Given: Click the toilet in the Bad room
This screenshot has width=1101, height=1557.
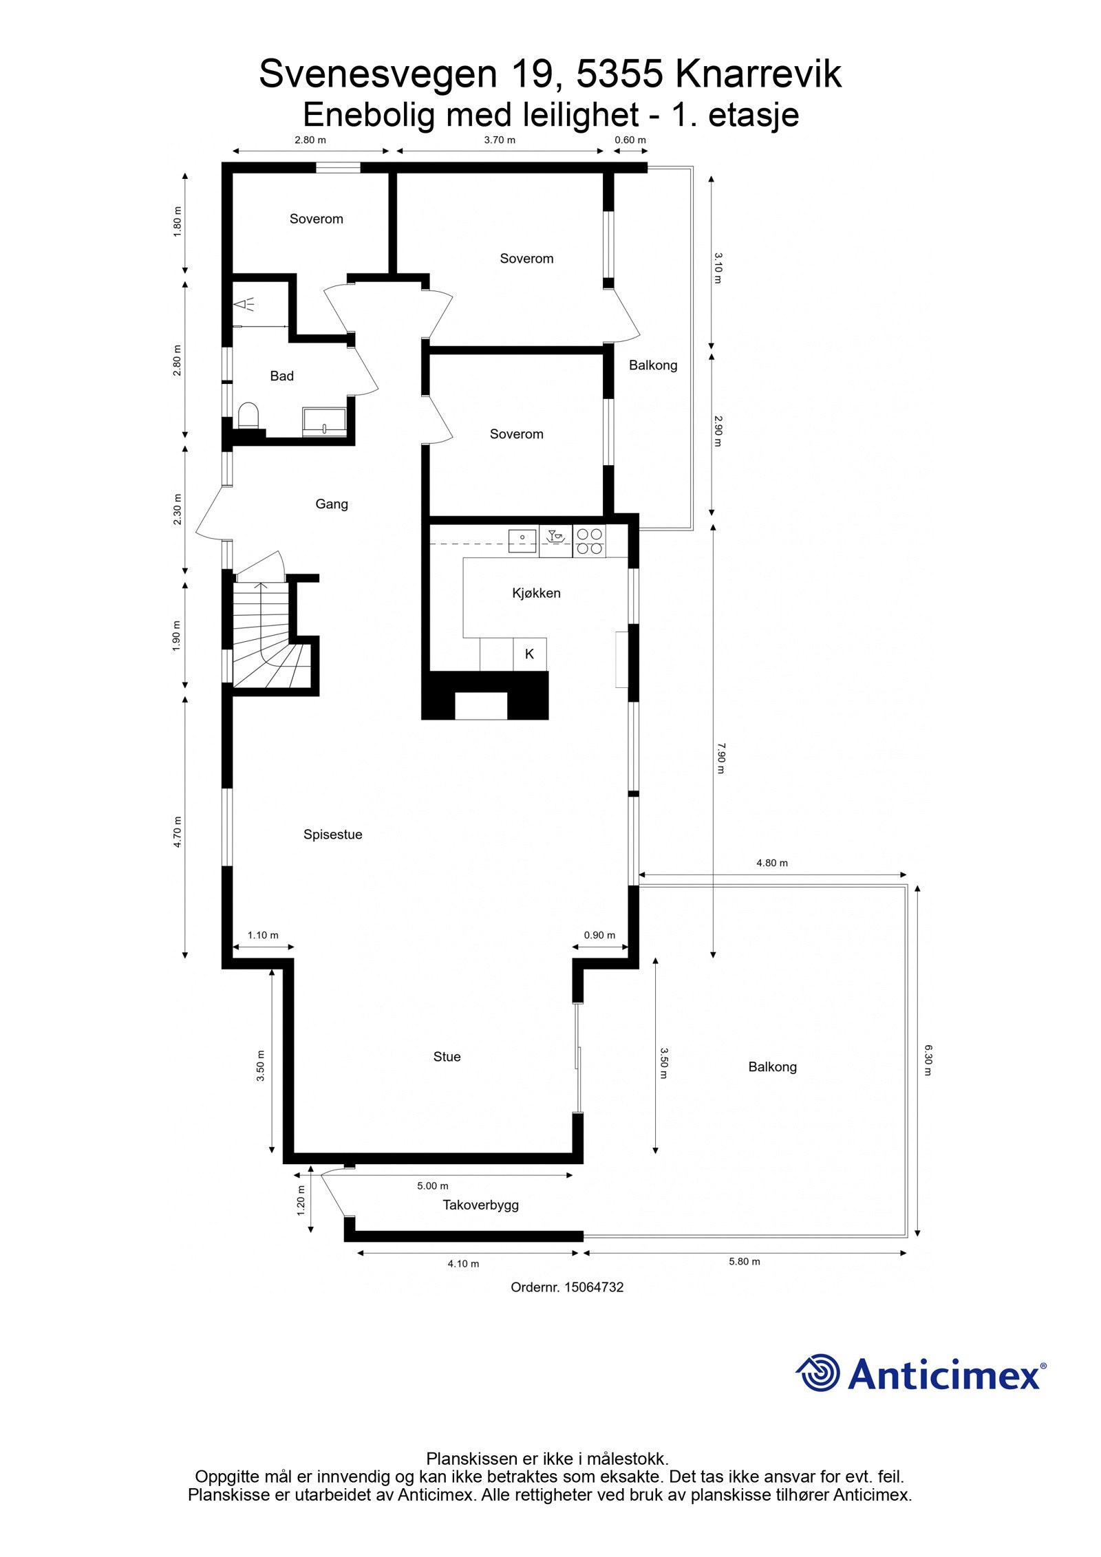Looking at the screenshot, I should [248, 416].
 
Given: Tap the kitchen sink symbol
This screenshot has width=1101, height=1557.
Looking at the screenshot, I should [522, 541].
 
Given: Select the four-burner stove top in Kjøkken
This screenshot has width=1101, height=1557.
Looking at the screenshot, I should [589, 541].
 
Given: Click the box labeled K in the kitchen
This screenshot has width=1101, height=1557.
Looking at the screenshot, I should [529, 654].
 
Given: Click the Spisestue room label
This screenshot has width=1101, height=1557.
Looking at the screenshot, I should [332, 835].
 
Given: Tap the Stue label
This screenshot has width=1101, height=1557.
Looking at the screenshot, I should [447, 1057].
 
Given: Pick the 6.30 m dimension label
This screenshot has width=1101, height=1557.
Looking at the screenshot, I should [928, 1060].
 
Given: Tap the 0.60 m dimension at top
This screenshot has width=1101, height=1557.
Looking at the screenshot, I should [630, 140].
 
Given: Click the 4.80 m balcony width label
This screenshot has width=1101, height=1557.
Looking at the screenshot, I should [772, 863].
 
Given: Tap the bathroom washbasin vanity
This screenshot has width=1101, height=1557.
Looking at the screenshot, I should [324, 421].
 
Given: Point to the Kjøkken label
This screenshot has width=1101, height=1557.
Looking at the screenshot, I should [536, 593].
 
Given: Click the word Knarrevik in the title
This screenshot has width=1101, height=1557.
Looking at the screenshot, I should [758, 74].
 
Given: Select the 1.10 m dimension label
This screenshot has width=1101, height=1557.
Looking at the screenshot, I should [263, 935].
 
